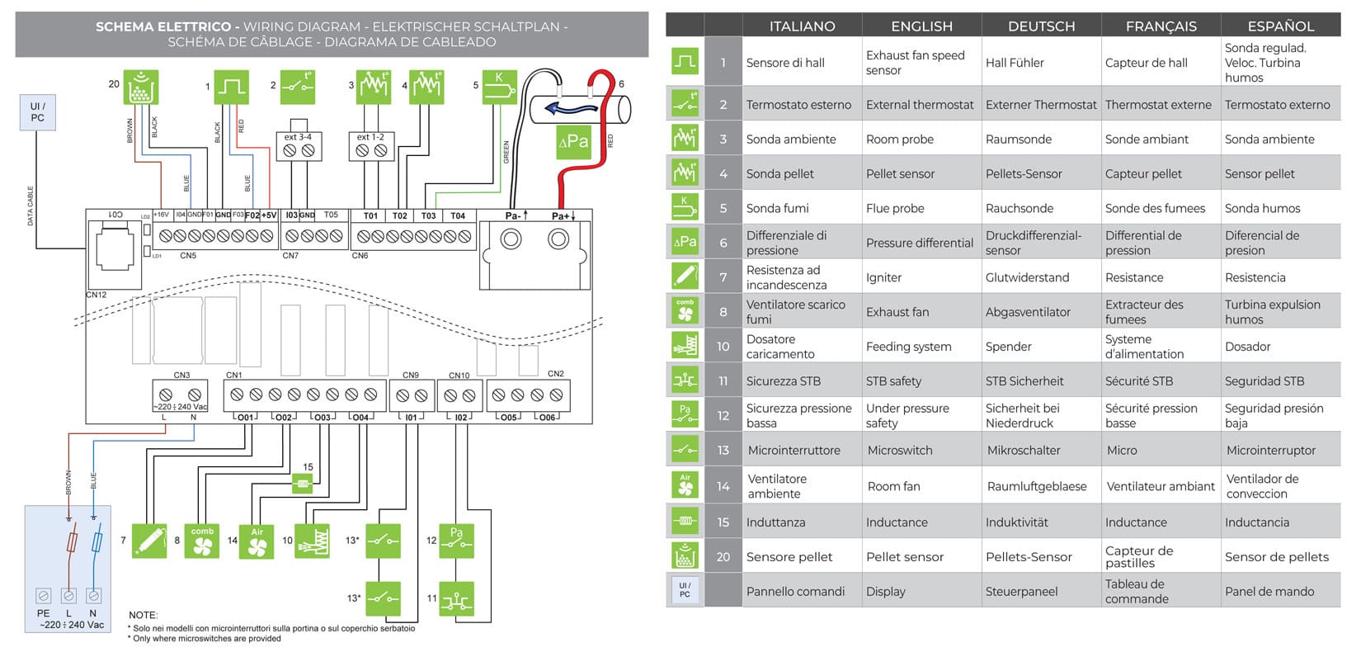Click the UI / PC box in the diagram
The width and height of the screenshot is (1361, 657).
37,112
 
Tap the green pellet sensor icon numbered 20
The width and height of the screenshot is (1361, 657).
141,87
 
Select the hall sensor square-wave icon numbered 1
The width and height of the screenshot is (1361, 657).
231,87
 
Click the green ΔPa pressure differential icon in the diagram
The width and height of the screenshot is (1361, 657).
573,141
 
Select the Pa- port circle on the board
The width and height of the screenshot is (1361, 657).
511,239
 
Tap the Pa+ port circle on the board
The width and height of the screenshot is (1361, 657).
558,239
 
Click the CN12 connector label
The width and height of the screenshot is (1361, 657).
97,295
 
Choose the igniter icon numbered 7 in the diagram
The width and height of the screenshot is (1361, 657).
149,541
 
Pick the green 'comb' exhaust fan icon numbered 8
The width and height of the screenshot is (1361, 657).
202,541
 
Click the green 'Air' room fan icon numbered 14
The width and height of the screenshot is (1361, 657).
257,542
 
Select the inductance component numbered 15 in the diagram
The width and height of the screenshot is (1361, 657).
304,484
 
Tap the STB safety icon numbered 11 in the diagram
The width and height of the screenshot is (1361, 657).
456,598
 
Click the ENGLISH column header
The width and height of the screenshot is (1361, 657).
921,26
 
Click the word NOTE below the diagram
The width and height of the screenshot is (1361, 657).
143,615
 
